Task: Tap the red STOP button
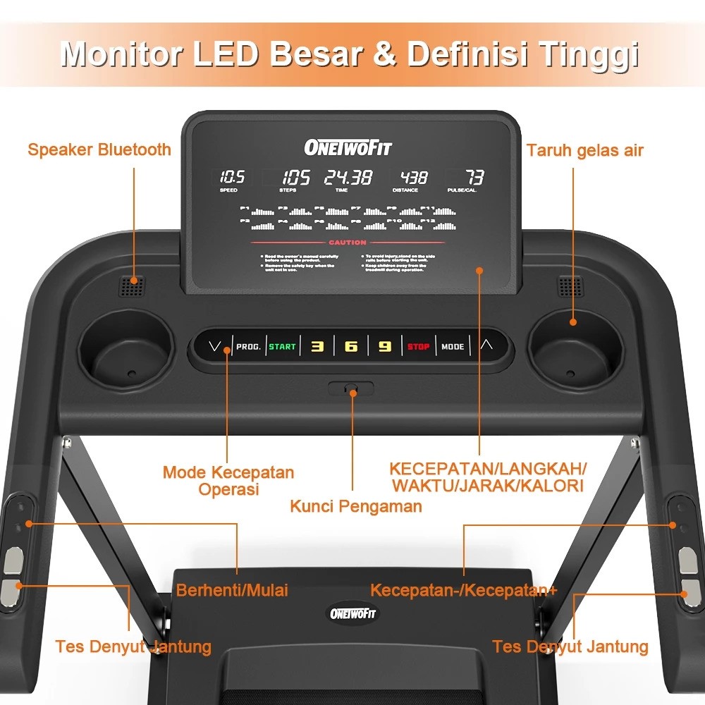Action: coord(418,346)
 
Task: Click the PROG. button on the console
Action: coord(248,346)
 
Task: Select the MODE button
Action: coord(453,346)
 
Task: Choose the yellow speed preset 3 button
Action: coord(317,346)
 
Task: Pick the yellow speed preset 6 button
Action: coord(350,346)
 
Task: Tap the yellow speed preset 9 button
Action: coord(384,346)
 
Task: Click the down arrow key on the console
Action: coord(216,346)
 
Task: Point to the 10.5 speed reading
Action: coord(231,178)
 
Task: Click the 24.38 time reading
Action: coord(348,178)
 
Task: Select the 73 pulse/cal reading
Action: coord(474,178)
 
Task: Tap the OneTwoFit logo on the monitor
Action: coord(348,147)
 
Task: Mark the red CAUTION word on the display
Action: coord(348,243)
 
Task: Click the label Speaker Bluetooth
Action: coord(99,149)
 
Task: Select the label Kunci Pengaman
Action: coord(356,505)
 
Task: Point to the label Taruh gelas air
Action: coord(585,150)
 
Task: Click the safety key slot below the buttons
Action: coord(350,388)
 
